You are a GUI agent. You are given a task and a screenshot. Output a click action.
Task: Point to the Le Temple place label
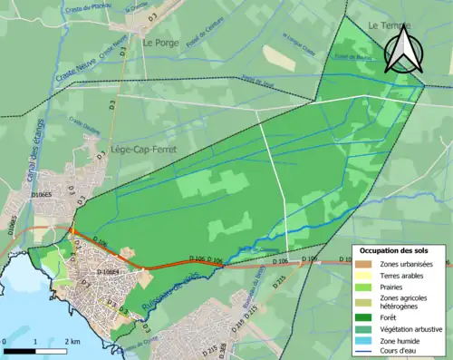383,27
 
